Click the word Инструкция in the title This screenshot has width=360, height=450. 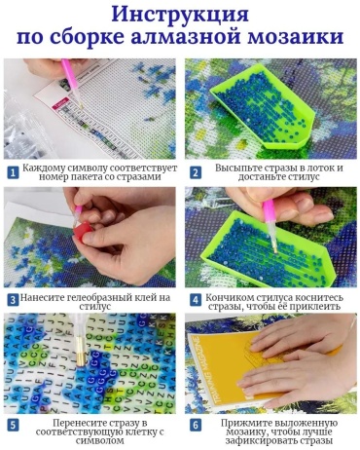180,15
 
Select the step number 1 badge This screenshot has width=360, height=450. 13,172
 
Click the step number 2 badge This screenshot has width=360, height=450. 196,172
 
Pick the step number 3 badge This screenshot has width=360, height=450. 13,300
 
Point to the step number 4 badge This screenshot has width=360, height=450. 196,300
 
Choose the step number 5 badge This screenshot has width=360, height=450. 13,426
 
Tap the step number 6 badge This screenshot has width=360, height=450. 196,426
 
